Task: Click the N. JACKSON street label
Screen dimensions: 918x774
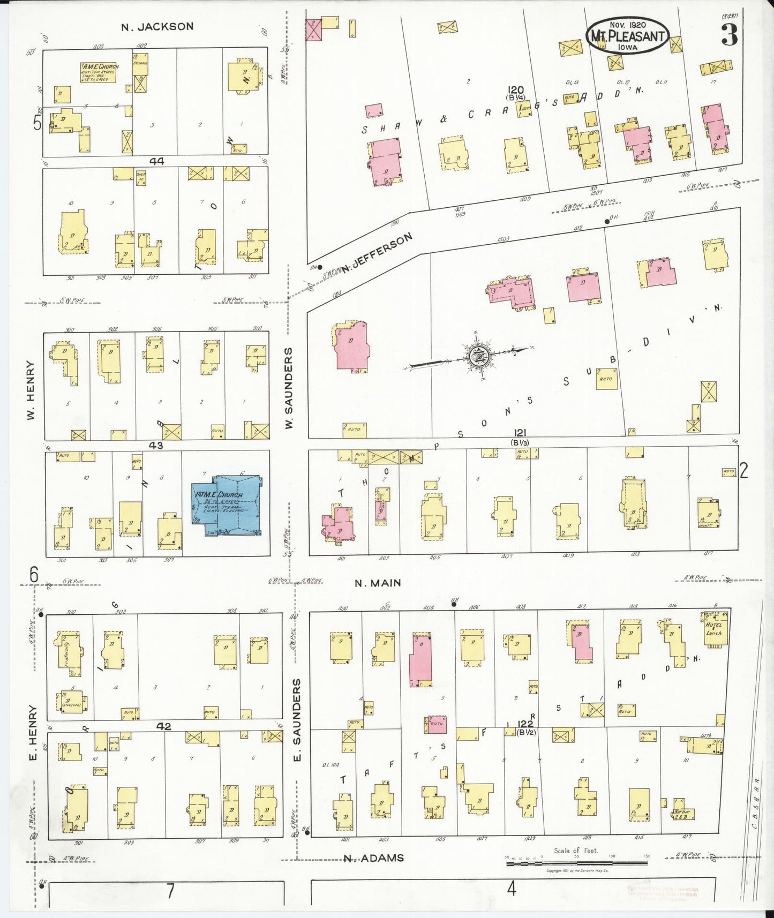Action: coord(157,26)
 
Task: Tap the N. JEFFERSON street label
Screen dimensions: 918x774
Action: coord(378,252)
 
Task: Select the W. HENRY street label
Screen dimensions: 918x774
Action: coord(31,389)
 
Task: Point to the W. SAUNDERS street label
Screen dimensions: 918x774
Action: coord(289,388)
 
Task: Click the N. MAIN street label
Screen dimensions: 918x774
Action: coord(378,583)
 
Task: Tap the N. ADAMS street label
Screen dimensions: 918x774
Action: coord(373,858)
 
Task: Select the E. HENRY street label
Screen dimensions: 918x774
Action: coord(33,733)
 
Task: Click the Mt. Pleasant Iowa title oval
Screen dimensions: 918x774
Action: coord(627,36)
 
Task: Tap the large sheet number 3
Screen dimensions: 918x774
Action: coord(729,35)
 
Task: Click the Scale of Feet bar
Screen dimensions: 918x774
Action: coord(576,856)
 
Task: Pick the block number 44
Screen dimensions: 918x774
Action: coord(157,161)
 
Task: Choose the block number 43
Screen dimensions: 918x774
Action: coord(156,445)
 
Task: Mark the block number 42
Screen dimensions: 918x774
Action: coord(164,726)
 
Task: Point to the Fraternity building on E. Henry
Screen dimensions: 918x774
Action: coord(68,653)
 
